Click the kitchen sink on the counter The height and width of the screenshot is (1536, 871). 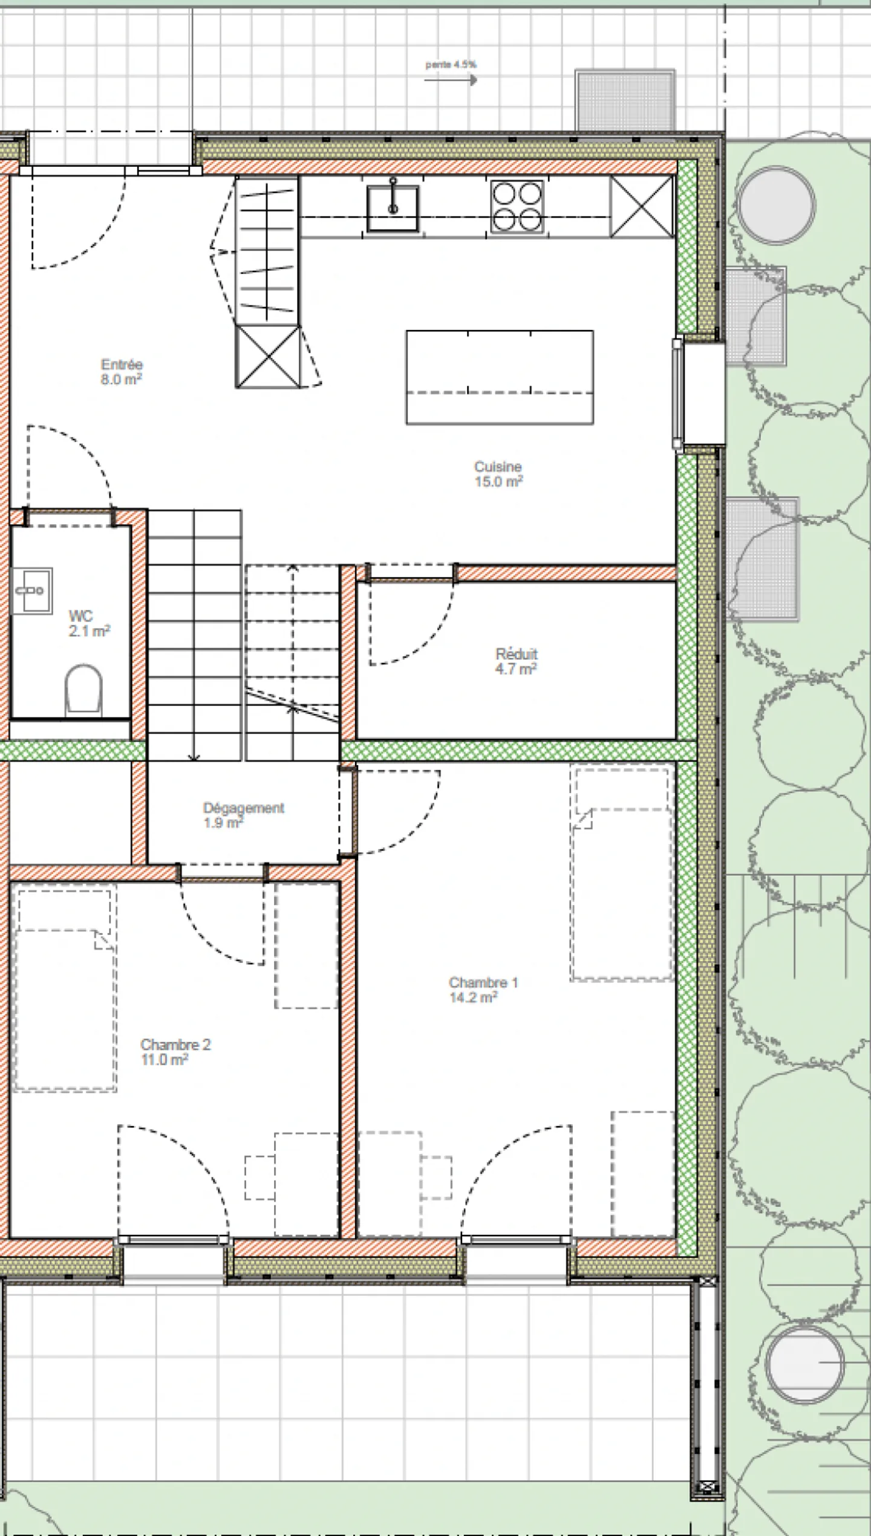[x=393, y=208]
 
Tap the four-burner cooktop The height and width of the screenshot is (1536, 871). [x=517, y=207]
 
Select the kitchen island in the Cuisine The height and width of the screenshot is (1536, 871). [x=500, y=377]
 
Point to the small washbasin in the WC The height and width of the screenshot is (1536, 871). [x=32, y=591]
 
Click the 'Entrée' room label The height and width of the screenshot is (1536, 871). [x=122, y=365]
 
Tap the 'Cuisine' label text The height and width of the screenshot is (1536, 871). [x=498, y=467]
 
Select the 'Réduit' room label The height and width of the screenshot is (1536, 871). [x=517, y=653]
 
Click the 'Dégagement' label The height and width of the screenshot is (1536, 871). [x=244, y=808]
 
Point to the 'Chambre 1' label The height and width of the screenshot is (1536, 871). [x=483, y=982]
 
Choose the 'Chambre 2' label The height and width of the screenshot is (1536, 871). [x=175, y=1045]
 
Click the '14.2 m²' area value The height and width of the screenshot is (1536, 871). [x=474, y=997]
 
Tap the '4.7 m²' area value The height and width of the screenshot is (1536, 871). [x=516, y=669]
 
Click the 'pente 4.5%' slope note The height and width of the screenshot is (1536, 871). [x=451, y=64]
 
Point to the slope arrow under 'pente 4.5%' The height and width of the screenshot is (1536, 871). [x=451, y=79]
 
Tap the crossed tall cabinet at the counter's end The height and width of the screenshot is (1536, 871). [x=642, y=206]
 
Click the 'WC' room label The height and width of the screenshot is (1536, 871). [x=81, y=616]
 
